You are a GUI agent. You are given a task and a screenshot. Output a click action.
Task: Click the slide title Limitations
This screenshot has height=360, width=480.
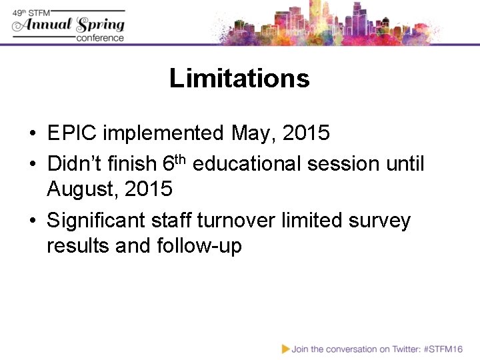(x=239, y=79)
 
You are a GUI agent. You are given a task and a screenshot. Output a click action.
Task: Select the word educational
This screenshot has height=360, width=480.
(x=249, y=163)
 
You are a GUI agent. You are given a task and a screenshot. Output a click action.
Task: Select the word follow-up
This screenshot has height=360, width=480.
(x=199, y=247)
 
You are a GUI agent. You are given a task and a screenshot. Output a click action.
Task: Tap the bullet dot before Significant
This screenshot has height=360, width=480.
(x=32, y=221)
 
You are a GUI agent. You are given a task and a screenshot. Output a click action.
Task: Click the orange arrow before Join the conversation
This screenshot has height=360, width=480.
(x=286, y=348)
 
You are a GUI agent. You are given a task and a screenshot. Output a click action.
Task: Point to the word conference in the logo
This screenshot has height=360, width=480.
(x=100, y=38)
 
